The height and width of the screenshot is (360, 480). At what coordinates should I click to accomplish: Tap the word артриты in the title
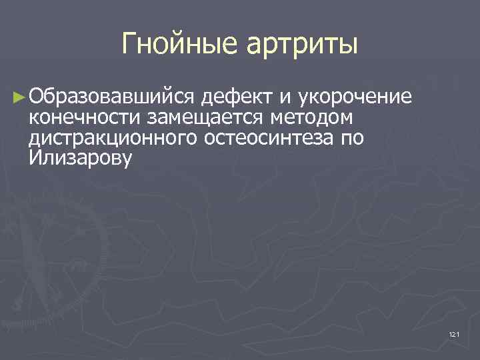pyautogui.click(x=303, y=45)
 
